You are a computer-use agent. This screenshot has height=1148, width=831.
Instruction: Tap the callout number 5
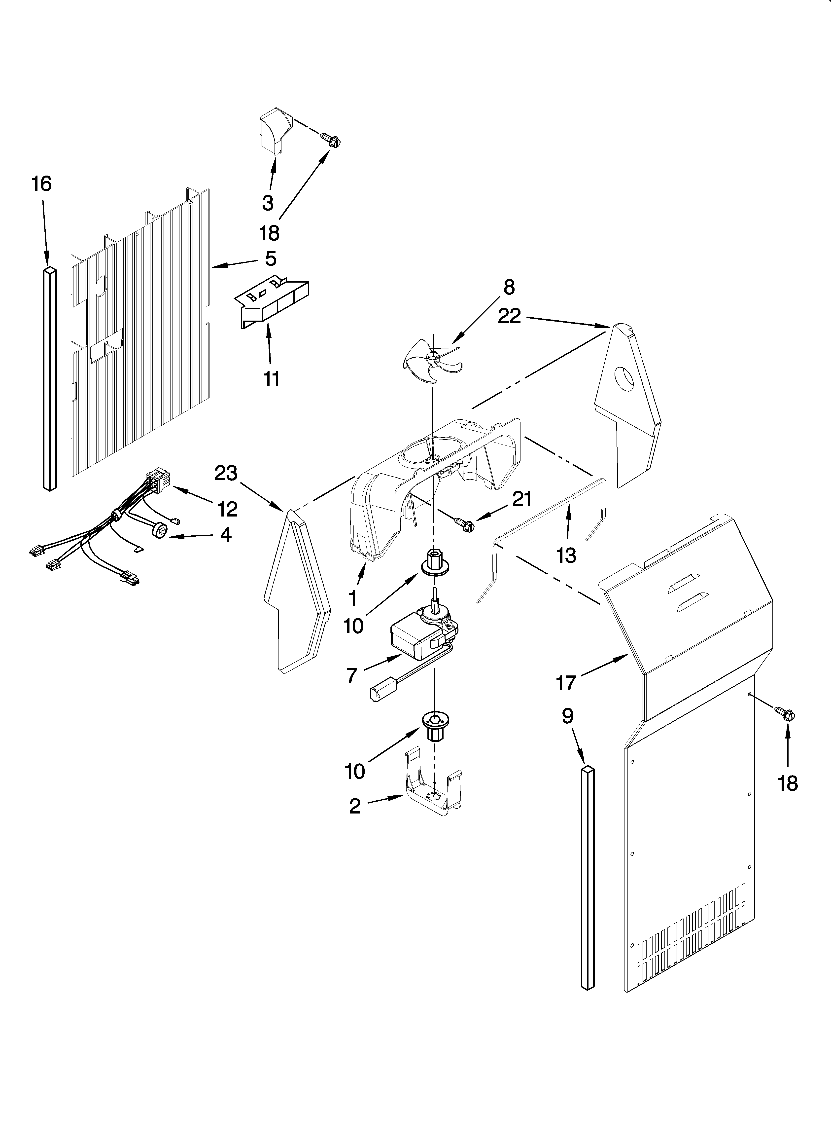click(271, 259)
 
